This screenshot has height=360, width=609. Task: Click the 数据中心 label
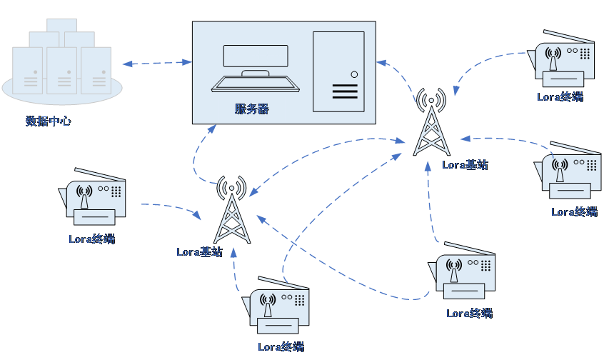(49, 121)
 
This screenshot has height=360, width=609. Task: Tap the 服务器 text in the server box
(252, 109)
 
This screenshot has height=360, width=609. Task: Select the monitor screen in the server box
(256, 56)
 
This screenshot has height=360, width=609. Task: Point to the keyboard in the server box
(255, 84)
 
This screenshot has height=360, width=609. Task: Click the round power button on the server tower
(354, 74)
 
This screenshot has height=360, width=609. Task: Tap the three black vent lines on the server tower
(345, 91)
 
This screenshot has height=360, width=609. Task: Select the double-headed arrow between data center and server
(157, 63)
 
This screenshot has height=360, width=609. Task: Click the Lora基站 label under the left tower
(200, 252)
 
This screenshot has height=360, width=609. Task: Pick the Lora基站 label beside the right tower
(465, 165)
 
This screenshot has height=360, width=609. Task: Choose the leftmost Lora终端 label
(92, 239)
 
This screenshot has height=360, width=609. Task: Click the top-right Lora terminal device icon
(561, 59)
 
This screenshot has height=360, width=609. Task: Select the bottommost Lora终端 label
(281, 346)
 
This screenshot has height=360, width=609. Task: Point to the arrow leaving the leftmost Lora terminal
(173, 206)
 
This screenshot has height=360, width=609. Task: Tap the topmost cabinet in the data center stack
(61, 25)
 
